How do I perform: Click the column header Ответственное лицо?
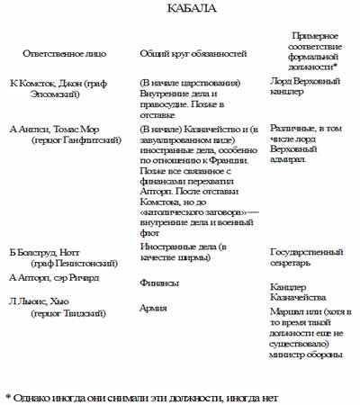coord(61,53)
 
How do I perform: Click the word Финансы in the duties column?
coord(160,283)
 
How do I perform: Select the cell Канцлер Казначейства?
coord(301,292)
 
